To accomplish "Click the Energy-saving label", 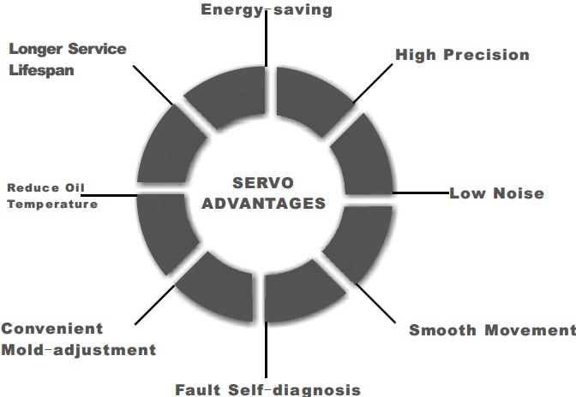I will point(266,10).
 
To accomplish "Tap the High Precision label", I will point(462,55).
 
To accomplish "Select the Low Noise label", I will point(496,193).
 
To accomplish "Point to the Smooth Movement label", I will point(491,330).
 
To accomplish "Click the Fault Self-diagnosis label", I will point(267,389).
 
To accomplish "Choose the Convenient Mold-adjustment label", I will point(78,339).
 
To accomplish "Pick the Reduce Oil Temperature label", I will point(51,196).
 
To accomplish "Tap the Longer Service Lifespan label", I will point(68,58).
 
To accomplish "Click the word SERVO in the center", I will point(262,183).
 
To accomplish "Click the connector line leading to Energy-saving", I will point(266,43).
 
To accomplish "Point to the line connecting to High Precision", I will point(369,86).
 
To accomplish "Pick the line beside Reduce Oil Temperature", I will point(117,195).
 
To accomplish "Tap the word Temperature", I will point(51,204).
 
